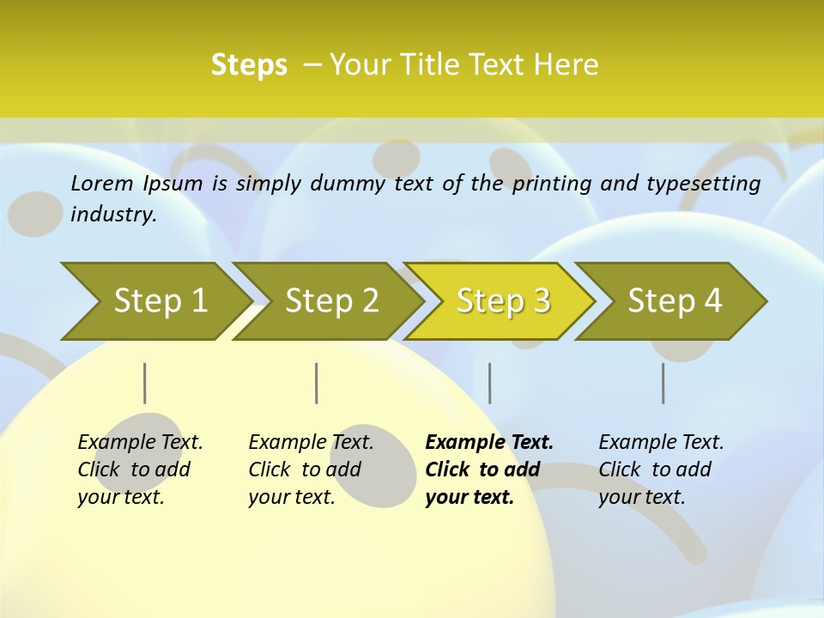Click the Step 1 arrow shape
[x=154, y=301]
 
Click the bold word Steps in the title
[x=249, y=65]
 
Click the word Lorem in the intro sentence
[x=102, y=183]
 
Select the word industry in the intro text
[x=112, y=215]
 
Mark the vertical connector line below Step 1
[x=144, y=383]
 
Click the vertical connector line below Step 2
[x=317, y=383]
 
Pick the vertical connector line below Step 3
[x=489, y=383]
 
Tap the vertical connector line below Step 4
[x=663, y=383]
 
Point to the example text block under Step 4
[x=661, y=470]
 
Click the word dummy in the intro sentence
[x=352, y=183]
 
